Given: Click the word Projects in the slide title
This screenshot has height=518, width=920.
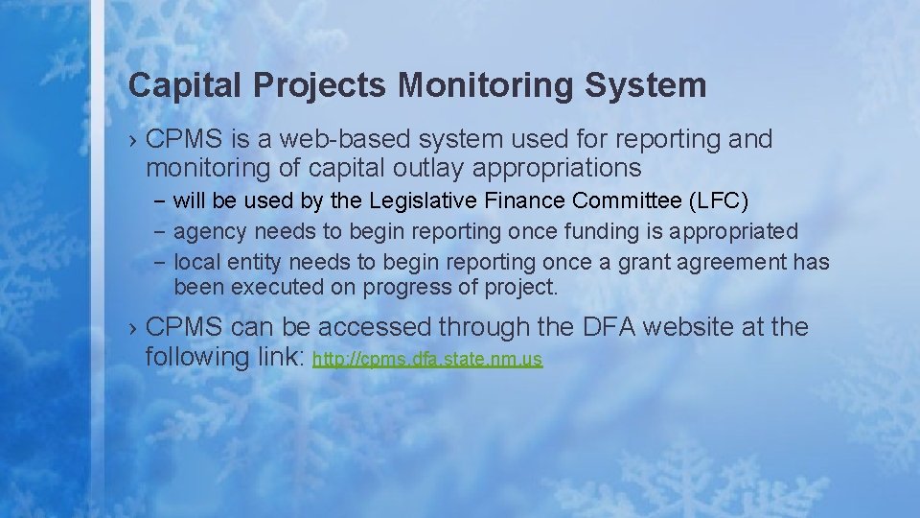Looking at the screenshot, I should (x=322, y=85).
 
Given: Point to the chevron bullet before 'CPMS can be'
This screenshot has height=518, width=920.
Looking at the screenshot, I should (x=133, y=328).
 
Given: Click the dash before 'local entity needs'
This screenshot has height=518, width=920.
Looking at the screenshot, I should (x=159, y=262).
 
